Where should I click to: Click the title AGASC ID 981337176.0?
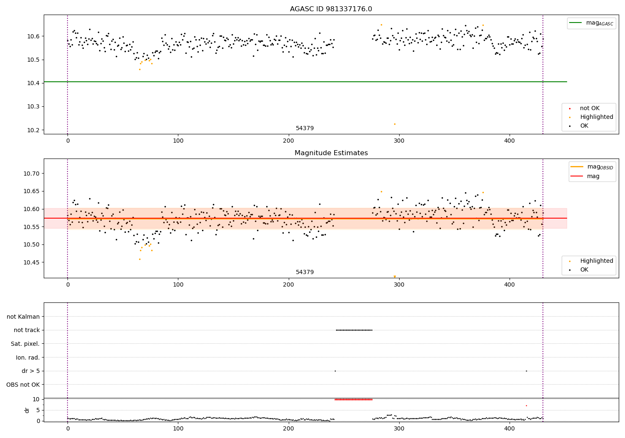click(x=331, y=9)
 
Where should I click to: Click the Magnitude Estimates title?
click(x=331, y=153)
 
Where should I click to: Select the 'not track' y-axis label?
click(x=27, y=330)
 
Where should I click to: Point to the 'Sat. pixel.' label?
click(x=25, y=344)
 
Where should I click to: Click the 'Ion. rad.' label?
click(x=28, y=357)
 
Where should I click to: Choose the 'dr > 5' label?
click(x=31, y=371)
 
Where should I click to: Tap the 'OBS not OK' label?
click(x=23, y=385)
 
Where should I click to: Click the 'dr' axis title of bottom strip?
click(x=27, y=410)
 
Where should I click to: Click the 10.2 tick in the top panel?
click(x=33, y=130)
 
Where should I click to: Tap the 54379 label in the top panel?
click(x=305, y=128)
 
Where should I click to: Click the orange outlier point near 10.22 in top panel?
click(x=395, y=124)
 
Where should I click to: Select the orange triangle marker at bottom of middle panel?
click(x=395, y=277)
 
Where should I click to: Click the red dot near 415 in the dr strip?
click(x=526, y=405)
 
